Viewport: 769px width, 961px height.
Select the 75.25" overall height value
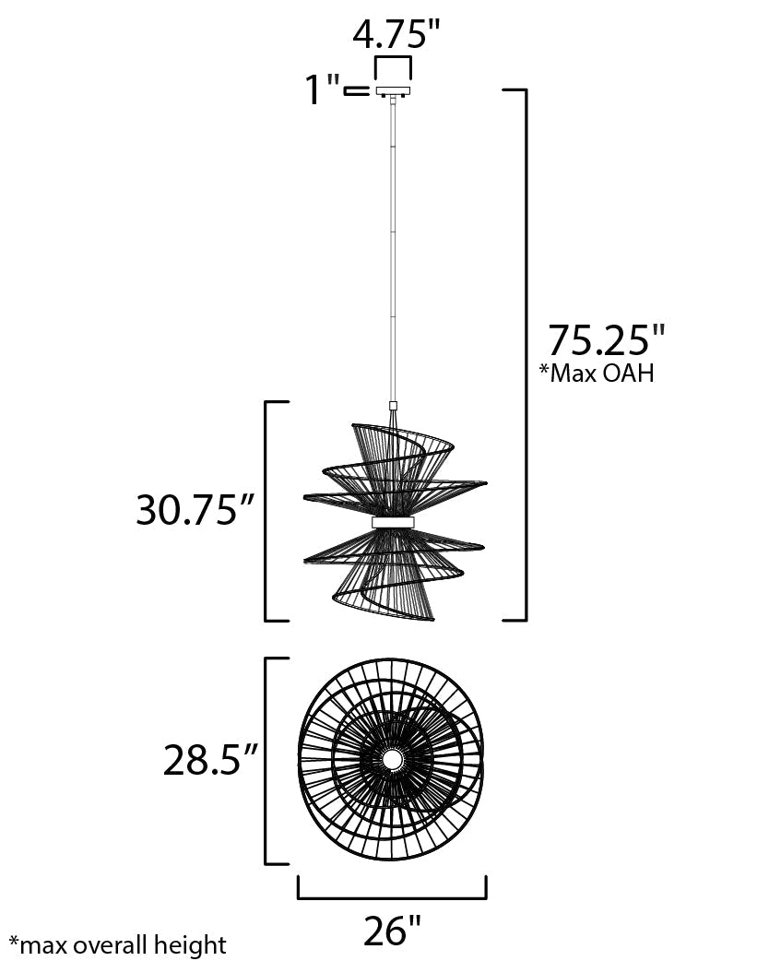pyautogui.click(x=606, y=340)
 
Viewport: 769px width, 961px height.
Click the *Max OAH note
pyautogui.click(x=597, y=374)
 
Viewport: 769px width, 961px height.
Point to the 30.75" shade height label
pyautogui.click(x=195, y=509)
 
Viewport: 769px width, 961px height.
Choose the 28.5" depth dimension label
pyautogui.click(x=208, y=761)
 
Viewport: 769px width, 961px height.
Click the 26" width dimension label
pyautogui.click(x=392, y=931)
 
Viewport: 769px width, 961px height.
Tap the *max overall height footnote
pyautogui.click(x=117, y=945)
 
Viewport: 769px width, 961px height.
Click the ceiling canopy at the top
pyautogui.click(x=393, y=91)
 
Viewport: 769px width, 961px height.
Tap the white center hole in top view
pyautogui.click(x=392, y=760)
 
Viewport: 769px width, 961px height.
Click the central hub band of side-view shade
pyautogui.click(x=394, y=522)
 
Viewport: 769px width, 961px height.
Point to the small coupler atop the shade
pyautogui.click(x=394, y=406)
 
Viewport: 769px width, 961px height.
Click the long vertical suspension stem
pyautogui.click(x=394, y=249)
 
